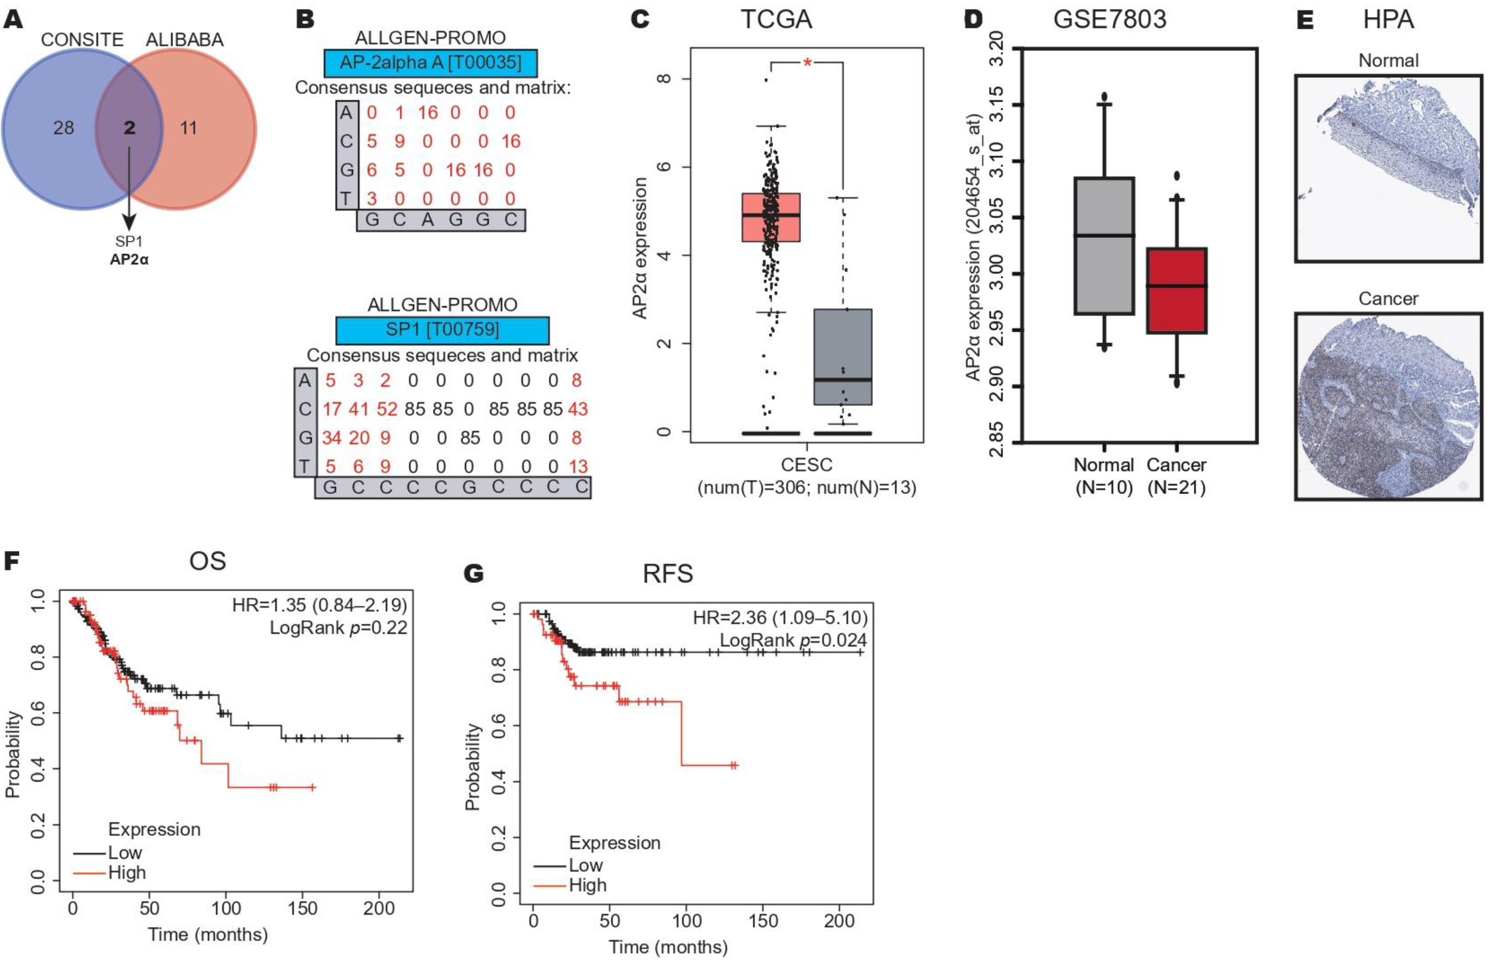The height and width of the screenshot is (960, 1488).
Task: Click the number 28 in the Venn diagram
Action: pyautogui.click(x=64, y=129)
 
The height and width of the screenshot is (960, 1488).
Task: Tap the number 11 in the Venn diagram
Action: pyautogui.click(x=188, y=129)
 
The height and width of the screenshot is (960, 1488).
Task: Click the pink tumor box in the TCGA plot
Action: pyautogui.click(x=771, y=217)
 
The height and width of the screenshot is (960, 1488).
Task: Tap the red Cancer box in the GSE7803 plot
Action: pyautogui.click(x=1177, y=290)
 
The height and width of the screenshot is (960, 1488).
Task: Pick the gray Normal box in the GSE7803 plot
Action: pyautogui.click(x=1104, y=246)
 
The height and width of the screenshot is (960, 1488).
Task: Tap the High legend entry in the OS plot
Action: pyautogui.click(x=127, y=873)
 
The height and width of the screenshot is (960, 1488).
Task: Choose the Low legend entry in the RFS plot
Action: pyautogui.click(x=586, y=865)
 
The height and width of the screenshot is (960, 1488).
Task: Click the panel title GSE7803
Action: pyautogui.click(x=1109, y=20)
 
